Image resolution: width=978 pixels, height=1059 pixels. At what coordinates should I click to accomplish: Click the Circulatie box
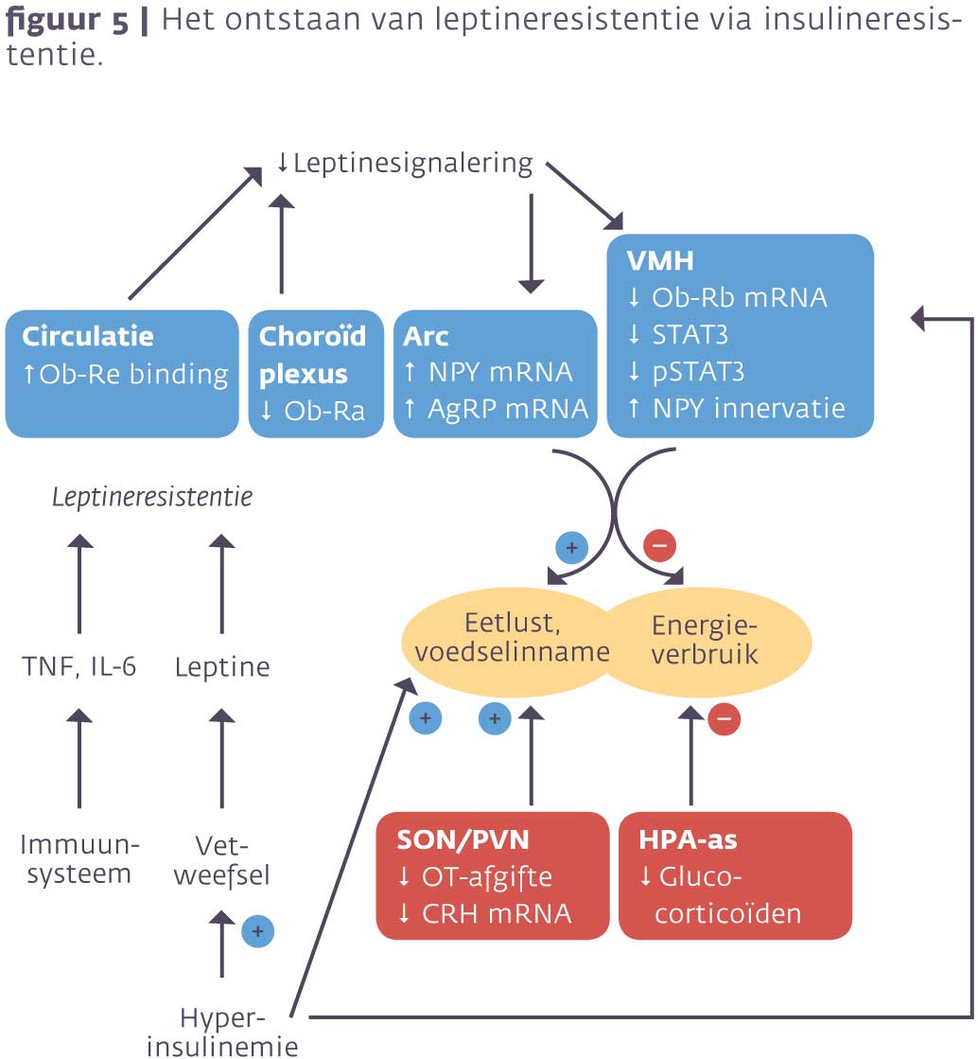[x=122, y=374]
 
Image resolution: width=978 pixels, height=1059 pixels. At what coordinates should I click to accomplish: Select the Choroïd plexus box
[x=315, y=374]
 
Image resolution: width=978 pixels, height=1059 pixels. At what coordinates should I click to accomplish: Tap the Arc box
[x=496, y=374]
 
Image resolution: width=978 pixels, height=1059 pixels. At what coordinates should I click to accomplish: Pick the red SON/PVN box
[x=492, y=875]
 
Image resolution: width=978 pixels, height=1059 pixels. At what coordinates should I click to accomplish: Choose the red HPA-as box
[x=734, y=875]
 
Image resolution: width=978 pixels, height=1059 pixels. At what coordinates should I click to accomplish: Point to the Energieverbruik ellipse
[x=706, y=639]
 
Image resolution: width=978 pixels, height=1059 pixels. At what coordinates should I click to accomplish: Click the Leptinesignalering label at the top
[x=405, y=163]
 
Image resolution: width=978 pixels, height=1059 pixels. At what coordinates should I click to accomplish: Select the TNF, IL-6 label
[x=79, y=667]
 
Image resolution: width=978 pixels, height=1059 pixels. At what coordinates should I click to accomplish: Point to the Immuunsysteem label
[x=79, y=858]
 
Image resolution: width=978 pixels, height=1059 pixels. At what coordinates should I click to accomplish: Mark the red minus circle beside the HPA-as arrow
[x=724, y=718]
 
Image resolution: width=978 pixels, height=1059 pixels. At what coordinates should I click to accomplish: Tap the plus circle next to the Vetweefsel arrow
[x=257, y=931]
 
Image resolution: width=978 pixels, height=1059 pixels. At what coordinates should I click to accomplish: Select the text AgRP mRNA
[x=508, y=408]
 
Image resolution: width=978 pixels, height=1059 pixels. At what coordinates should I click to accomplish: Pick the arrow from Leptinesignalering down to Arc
[x=532, y=241]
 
